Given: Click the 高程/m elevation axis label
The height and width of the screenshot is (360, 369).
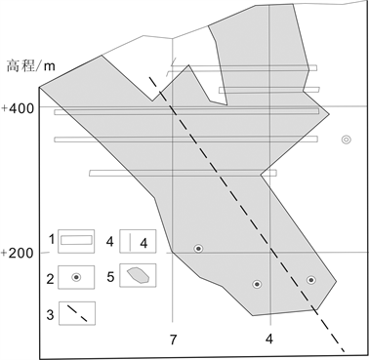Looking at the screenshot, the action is tap(31, 66).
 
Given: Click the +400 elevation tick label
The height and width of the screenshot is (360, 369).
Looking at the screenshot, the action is tap(18, 108).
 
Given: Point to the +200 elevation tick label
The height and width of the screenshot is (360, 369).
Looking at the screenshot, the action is tap(18, 253).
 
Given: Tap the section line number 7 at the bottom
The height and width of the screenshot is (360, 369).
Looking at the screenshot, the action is tap(173, 340).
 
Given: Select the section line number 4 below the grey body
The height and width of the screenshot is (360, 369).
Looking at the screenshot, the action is tap(269, 340).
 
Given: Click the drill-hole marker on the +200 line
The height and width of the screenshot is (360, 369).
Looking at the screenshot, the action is tap(198, 249).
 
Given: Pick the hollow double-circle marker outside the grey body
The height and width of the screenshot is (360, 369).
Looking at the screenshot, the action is tap(347, 140).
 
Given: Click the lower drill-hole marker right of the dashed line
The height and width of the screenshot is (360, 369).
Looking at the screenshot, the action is tap(311, 280).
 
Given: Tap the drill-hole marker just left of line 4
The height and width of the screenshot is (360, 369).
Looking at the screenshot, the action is tap(257, 284).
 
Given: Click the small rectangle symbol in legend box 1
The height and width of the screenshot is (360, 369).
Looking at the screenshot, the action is tap(76, 240).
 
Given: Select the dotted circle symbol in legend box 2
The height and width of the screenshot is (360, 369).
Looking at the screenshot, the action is tap(76, 277).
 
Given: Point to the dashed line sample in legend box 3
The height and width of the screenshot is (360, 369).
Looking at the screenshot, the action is tap(77, 313).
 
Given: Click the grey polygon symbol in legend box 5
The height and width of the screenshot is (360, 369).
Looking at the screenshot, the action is tap(138, 275).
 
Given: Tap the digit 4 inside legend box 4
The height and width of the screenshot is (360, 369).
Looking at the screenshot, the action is tap(143, 243).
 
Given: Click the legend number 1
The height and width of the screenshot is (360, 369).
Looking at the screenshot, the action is tap(52, 240).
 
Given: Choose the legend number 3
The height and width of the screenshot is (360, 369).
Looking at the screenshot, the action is tap(50, 314).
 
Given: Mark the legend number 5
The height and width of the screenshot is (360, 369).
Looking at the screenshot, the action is tap(110, 277).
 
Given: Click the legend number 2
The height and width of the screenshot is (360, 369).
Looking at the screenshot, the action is tap(50, 279).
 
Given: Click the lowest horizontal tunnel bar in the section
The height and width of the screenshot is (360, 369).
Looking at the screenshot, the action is tap(184, 173).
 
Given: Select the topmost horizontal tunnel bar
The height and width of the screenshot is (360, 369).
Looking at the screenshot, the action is tap(242, 68).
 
